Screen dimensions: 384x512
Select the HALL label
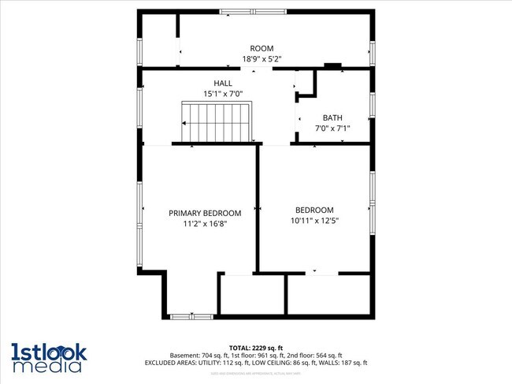[x=224, y=83]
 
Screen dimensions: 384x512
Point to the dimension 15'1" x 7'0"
[x=224, y=94]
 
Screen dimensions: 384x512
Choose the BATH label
[x=332, y=117]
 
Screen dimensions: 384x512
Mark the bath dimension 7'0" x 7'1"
[x=332, y=129]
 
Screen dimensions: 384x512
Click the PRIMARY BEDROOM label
[x=205, y=213]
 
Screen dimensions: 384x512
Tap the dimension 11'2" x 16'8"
[x=205, y=224]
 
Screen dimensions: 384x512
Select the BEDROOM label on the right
[x=314, y=210]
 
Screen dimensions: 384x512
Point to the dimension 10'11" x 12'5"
[x=314, y=221]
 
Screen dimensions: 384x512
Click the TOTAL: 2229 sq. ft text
[x=256, y=348]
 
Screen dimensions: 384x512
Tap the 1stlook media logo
[x=49, y=356]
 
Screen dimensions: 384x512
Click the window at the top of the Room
[x=253, y=12]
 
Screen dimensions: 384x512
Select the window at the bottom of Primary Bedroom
[x=191, y=316]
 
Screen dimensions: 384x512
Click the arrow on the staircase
[x=185, y=123]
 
